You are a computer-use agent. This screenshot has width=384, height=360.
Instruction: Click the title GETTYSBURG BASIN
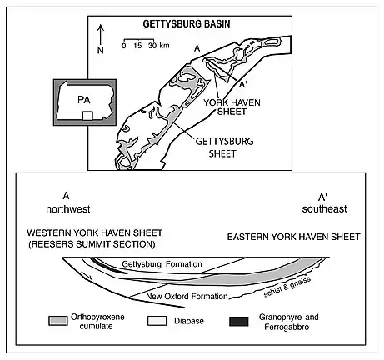187,24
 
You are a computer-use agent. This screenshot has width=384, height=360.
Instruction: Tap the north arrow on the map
101,35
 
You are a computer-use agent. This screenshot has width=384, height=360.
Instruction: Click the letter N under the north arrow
101,51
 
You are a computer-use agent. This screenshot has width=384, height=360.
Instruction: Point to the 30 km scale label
159,45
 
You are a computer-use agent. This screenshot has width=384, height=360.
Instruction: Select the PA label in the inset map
84,100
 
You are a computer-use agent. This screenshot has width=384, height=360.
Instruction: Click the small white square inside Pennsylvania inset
87,116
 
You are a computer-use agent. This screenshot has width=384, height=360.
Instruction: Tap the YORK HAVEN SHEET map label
232,107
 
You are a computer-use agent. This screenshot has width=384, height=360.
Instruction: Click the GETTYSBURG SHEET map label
224,147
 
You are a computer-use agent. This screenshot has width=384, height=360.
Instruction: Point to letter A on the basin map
197,48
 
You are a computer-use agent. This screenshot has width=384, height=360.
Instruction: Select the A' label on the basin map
242,84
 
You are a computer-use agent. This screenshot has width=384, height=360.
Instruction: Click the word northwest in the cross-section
68,209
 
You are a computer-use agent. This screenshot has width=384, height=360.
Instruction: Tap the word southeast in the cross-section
324,209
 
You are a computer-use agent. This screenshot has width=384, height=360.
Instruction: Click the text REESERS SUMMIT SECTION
92,244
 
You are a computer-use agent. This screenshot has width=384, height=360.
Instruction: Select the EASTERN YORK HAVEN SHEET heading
294,237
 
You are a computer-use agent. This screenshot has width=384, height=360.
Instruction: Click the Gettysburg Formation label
162,264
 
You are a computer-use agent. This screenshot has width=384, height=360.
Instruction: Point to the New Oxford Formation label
187,297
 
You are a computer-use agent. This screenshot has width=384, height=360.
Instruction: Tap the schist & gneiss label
287,287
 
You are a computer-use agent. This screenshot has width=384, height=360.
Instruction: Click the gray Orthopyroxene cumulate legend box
58,321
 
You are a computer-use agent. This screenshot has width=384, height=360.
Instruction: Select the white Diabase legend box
157,321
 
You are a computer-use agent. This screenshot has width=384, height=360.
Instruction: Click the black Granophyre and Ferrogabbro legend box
239,321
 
